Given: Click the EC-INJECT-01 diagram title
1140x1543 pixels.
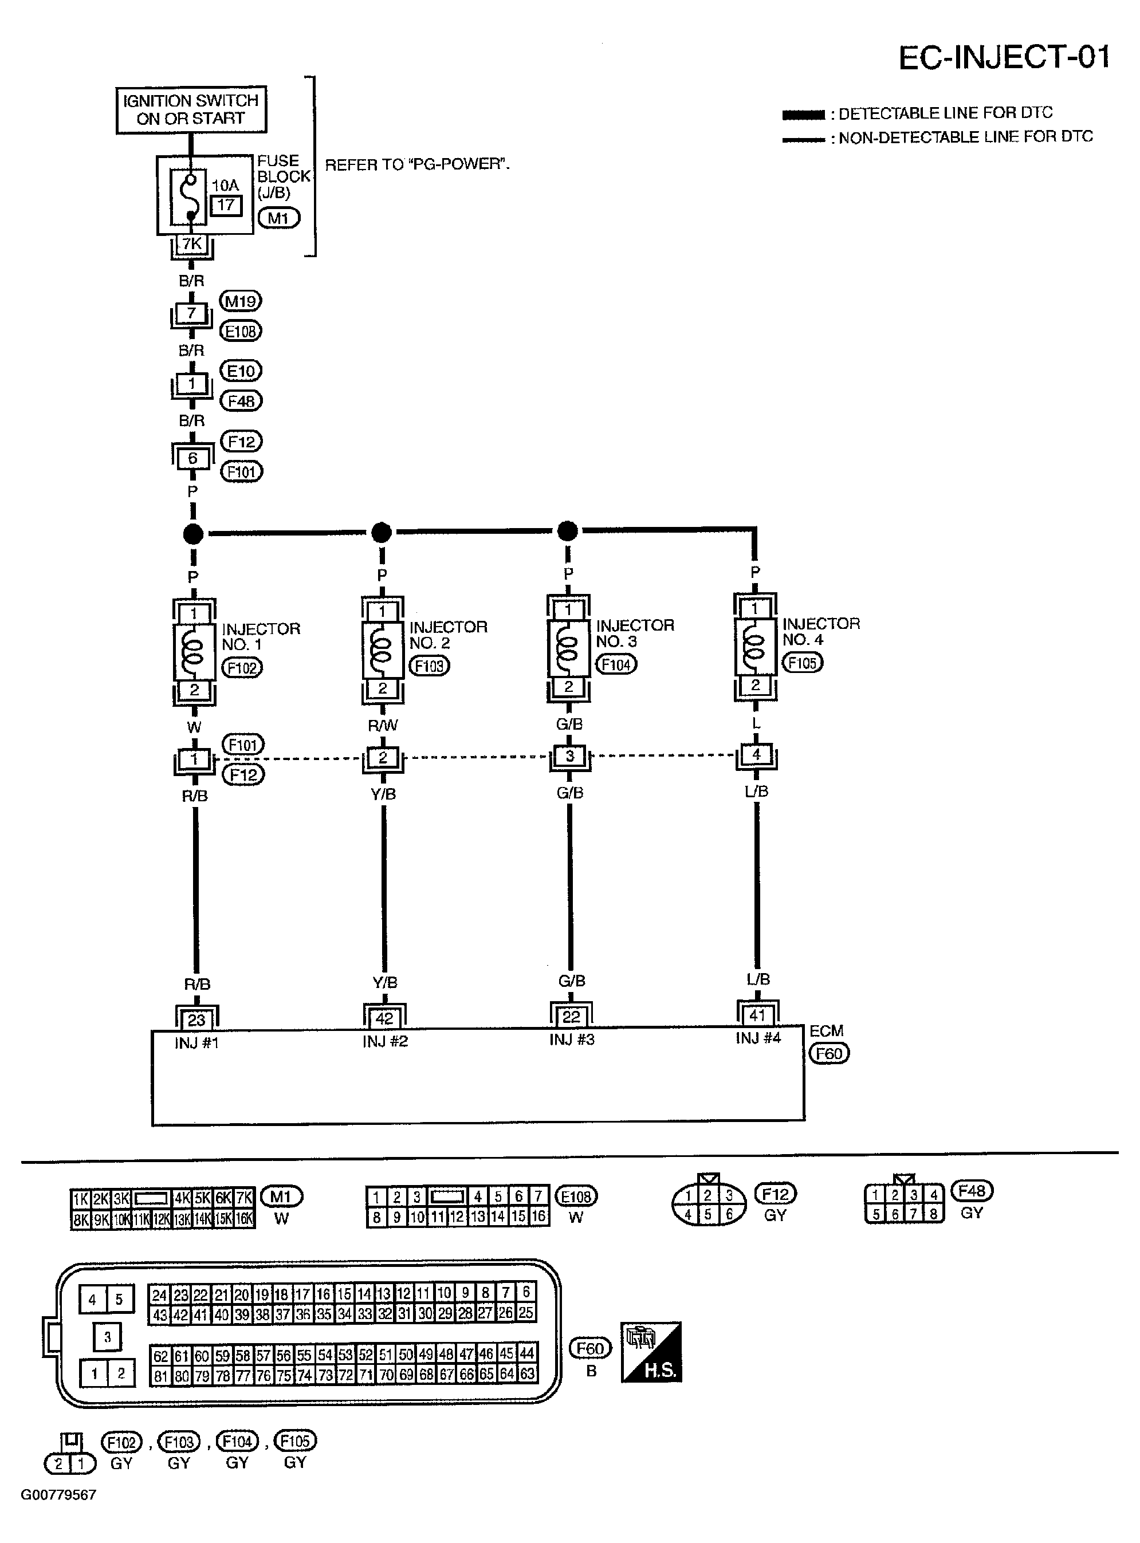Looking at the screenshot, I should click(x=1004, y=57).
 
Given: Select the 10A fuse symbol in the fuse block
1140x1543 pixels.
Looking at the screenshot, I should click(x=191, y=196).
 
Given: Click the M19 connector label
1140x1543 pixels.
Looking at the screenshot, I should click(x=240, y=301).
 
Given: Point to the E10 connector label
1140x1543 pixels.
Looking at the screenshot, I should click(x=240, y=371).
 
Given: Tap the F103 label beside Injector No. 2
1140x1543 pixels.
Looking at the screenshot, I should click(x=429, y=666).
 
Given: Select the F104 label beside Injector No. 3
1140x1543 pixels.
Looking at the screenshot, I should click(x=616, y=664).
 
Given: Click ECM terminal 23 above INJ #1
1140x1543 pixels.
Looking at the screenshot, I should click(x=196, y=1020).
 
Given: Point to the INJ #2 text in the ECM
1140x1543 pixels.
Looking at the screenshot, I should click(x=385, y=1041).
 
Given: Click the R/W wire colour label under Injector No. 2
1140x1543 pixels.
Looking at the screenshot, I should click(x=383, y=725).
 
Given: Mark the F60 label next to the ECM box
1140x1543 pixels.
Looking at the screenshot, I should click(x=829, y=1053).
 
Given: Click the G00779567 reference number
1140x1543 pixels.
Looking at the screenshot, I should click(x=58, y=1495).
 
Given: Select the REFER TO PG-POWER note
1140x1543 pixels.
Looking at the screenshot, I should click(x=417, y=165).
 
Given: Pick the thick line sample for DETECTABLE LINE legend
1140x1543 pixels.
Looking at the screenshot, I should click(x=803, y=115).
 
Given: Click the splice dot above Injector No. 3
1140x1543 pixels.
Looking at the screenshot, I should click(x=567, y=531).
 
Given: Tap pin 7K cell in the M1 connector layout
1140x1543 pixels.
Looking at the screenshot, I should click(x=243, y=1198).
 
